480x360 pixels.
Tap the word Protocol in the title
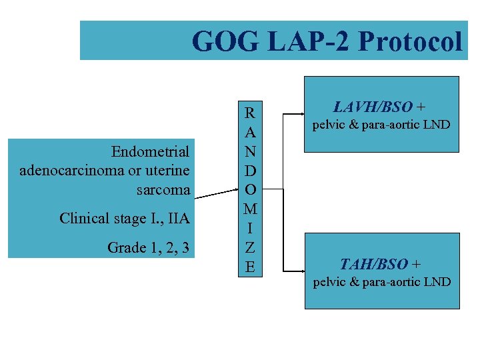click(409, 41)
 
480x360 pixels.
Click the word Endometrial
click(151, 151)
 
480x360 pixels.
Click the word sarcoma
click(163, 190)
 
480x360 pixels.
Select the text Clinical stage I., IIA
click(125, 218)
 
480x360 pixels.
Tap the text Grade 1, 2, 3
click(148, 248)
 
